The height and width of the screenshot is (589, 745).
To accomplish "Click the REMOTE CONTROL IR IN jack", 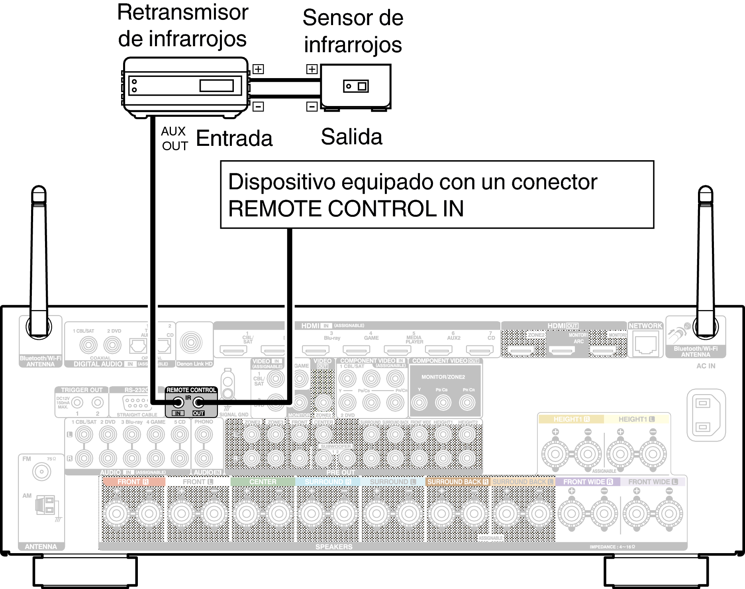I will point(178,402).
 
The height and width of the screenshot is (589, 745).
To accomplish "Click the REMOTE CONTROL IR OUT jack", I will point(198,402).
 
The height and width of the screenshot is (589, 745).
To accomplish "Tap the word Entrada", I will point(234,138).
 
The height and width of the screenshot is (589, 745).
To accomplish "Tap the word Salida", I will point(351,137).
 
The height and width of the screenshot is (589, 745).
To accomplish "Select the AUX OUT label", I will point(174,139).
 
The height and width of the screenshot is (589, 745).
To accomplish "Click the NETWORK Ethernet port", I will point(645,345).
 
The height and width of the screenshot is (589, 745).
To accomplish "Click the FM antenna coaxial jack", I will point(41,472).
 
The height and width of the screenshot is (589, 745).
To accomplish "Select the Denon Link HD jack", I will point(191,342).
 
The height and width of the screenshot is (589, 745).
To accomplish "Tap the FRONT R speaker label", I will point(133,482).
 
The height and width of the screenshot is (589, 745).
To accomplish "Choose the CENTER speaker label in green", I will point(263,482).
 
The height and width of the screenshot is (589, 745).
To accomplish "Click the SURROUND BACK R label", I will point(457,482).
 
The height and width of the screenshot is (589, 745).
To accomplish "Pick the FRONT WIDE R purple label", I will point(588,482).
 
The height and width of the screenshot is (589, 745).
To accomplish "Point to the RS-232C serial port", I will point(136,403).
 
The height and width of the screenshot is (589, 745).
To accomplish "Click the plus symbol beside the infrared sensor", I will point(312,69).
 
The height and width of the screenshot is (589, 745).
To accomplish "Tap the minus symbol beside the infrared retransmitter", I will point(258,106).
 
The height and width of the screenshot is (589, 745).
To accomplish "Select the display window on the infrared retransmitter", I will point(216,86).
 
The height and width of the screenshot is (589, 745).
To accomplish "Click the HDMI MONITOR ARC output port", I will point(562,350).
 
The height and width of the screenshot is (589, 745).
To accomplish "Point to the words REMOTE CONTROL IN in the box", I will point(346,208).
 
